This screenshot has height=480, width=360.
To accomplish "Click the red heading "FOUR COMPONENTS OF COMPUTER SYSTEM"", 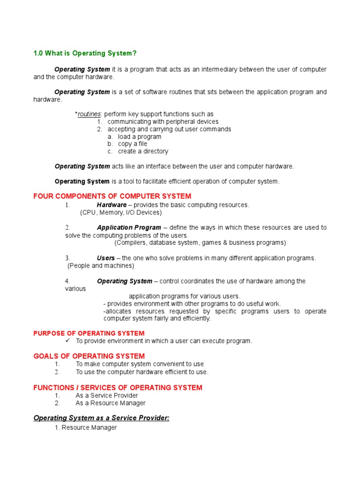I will [112, 196].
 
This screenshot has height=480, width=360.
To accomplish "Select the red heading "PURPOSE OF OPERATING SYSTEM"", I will [89, 333].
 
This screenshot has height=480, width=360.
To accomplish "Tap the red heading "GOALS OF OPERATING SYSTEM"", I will [89, 356].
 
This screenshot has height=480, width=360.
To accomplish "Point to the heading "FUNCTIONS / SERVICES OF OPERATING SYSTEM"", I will [118, 388].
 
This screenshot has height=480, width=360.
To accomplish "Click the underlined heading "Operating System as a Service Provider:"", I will [101, 418].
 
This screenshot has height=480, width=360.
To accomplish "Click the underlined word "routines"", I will [89, 114].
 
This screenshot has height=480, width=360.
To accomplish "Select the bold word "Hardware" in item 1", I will [112, 205].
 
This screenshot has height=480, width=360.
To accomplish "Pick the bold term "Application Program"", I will [129, 228].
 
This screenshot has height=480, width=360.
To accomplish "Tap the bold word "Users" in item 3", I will [106, 258].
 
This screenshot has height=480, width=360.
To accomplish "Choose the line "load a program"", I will [139, 137].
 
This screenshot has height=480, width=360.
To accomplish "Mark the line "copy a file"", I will [132, 144].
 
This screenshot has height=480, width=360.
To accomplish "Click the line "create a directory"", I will [143, 151].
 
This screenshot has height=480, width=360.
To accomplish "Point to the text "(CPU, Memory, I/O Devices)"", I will [121, 212].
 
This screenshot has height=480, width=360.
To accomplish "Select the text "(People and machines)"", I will [101, 266].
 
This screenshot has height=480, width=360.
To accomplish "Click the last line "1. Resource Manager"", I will [86, 427].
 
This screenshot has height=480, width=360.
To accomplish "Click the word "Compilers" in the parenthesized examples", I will [132, 243].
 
